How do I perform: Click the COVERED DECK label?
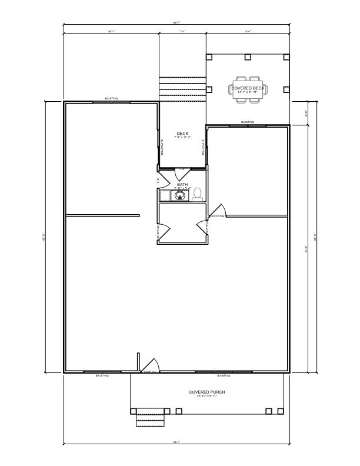pos(248,88)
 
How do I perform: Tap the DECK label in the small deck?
pos(182,133)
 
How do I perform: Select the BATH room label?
pos(182,184)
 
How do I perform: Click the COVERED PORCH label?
pos(206,392)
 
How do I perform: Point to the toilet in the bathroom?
pos(198,194)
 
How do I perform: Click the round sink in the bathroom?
pos(182,195)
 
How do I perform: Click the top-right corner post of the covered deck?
pos(286,57)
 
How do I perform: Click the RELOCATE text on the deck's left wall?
pos(162,147)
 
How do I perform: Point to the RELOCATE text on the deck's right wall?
pos(203,147)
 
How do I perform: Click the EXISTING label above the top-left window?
pos(111,99)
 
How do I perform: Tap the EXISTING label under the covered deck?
pos(248,122)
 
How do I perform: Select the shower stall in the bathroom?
pos(165,195)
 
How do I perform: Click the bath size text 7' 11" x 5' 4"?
pos(182,188)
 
